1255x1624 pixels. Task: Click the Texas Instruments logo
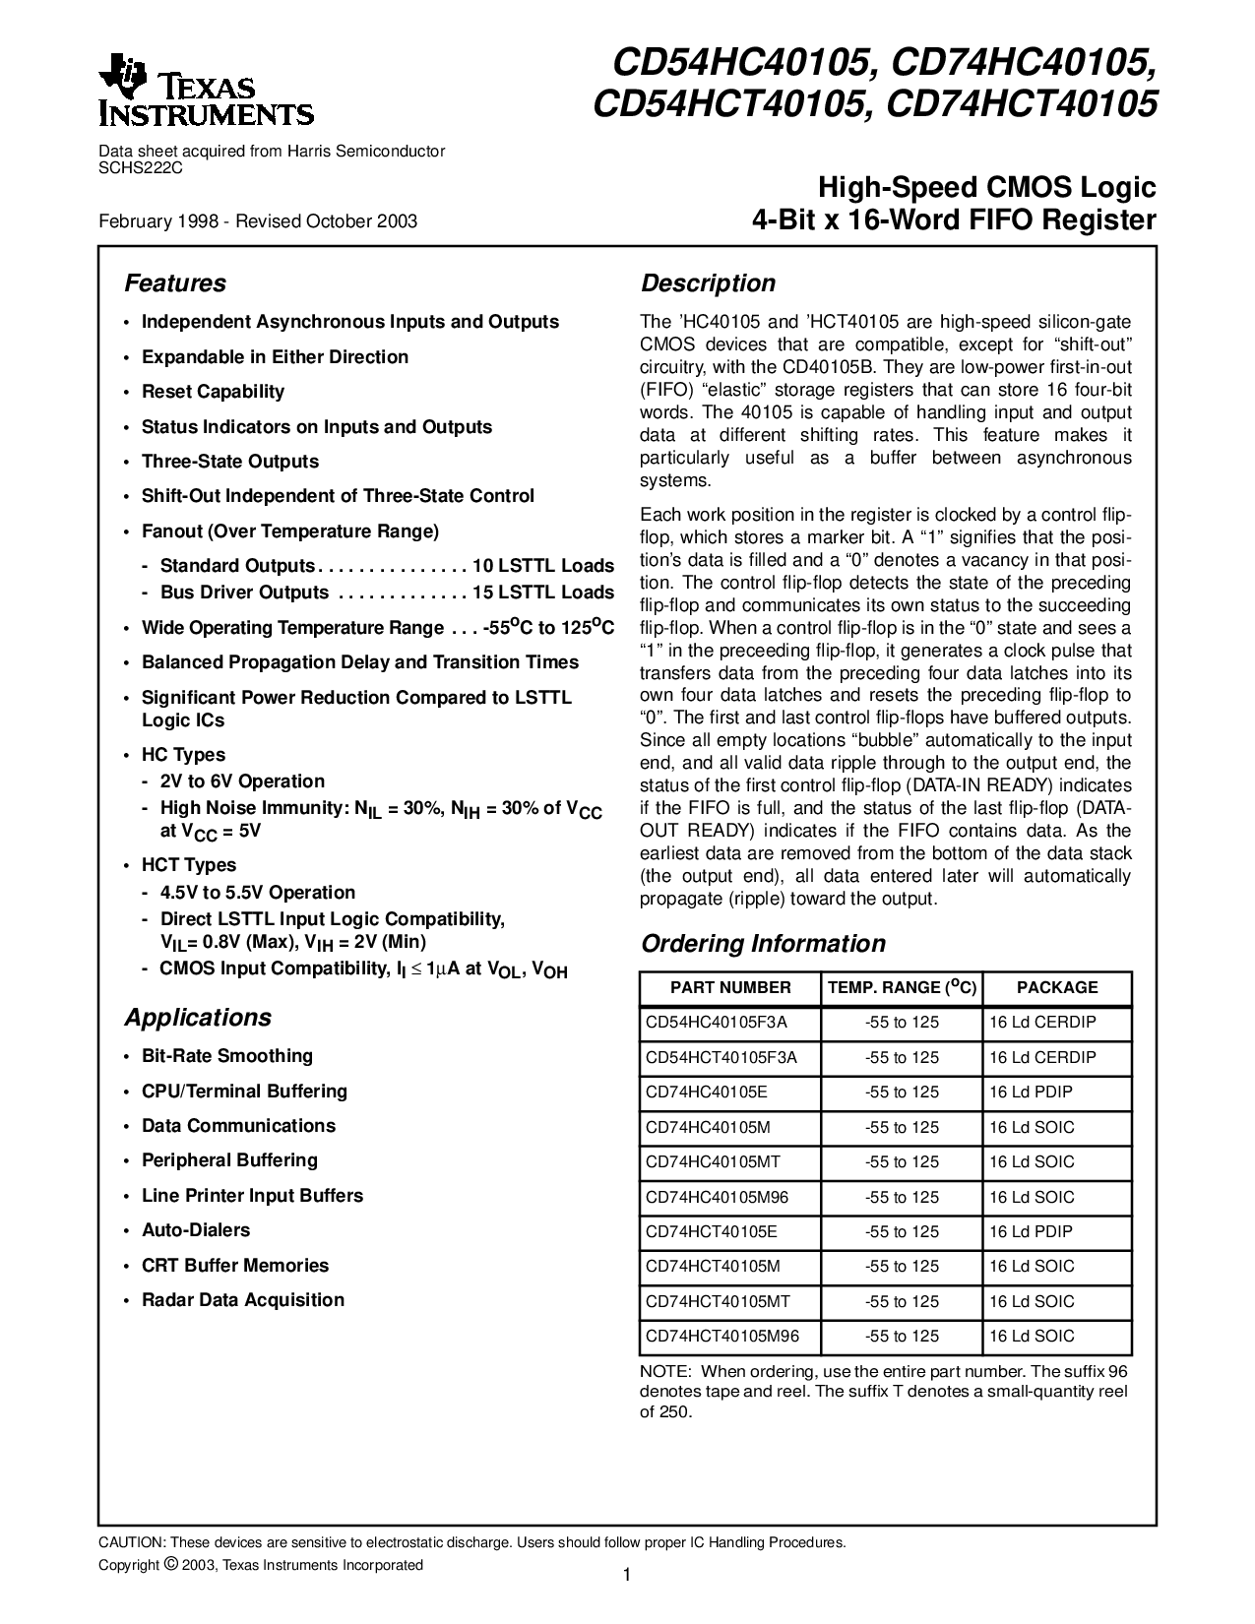[206, 94]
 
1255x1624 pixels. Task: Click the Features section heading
[175, 283]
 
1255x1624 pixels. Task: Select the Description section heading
[708, 283]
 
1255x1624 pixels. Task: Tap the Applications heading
[198, 1018]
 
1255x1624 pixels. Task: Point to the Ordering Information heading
[763, 944]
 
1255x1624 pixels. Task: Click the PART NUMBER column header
[730, 987]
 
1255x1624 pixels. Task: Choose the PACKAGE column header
[1057, 987]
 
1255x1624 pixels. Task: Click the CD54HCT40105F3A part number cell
[722, 1057]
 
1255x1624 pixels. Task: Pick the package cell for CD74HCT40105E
[1031, 1231]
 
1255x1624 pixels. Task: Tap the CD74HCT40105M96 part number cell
[722, 1336]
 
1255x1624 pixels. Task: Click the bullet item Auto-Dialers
[196, 1230]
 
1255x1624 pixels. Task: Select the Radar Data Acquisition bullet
[243, 1300]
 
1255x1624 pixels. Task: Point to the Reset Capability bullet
[213, 392]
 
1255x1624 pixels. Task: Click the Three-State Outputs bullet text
[230, 462]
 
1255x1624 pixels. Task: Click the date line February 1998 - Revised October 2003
[258, 221]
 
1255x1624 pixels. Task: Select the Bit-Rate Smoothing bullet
[227, 1056]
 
